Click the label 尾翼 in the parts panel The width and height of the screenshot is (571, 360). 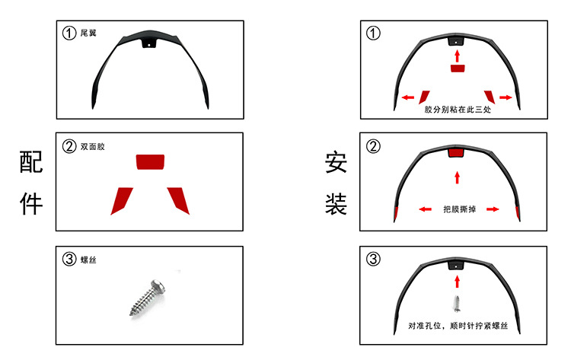tap(88, 33)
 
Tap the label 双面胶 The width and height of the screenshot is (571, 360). tap(92, 147)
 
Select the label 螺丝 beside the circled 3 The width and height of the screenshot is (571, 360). tap(88, 260)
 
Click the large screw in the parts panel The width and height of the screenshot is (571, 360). tap(148, 297)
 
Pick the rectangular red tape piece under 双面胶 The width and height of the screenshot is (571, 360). tap(150, 162)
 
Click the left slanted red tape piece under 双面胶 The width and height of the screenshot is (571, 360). tap(122, 201)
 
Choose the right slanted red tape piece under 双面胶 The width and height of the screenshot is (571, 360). tap(178, 201)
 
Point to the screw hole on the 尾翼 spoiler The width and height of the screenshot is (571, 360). tap(148, 45)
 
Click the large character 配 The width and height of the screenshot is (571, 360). tap(31, 161)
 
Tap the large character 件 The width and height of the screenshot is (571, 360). tap(31, 203)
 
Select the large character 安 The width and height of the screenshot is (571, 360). tap(336, 162)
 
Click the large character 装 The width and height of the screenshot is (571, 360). tap(336, 204)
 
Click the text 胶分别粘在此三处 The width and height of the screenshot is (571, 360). tap(458, 109)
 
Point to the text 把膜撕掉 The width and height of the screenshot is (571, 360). tap(460, 209)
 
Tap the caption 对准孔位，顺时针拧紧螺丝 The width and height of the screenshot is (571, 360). tap(458, 326)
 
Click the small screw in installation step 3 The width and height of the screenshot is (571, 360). tap(457, 304)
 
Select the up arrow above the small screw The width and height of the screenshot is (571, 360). tap(458, 282)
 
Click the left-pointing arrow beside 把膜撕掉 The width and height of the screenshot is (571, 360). tap(425, 209)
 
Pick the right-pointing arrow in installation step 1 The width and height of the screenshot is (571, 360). tap(506, 97)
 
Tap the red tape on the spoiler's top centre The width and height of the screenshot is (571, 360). tap(457, 152)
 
